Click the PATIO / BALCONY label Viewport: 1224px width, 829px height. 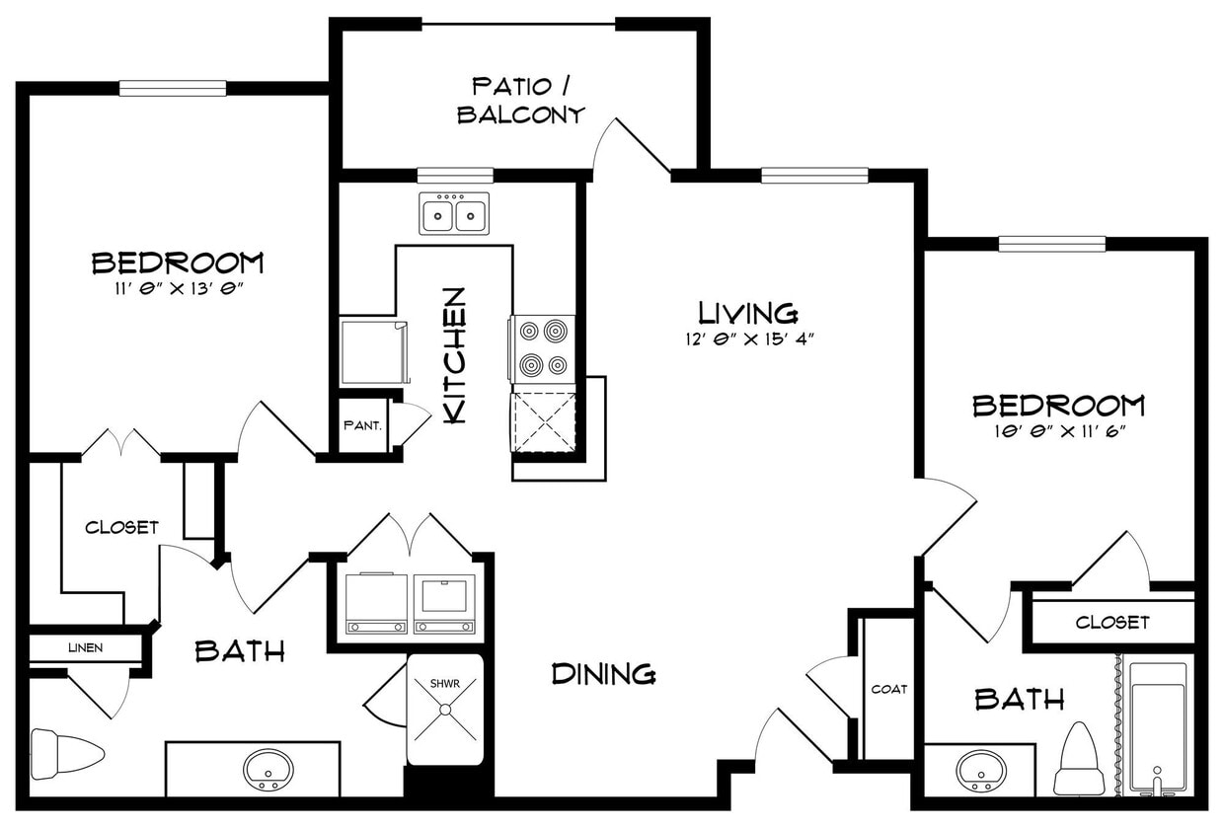tap(521, 101)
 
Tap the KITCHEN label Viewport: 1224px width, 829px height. tap(455, 355)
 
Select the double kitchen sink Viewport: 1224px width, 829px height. tap(454, 214)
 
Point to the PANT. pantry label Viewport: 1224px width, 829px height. tap(362, 425)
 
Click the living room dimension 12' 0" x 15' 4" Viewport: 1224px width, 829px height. tap(750, 339)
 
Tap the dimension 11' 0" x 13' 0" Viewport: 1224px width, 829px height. tap(179, 289)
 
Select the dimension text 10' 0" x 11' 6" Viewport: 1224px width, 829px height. tap(1060, 431)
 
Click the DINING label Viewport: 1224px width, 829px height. tap(603, 674)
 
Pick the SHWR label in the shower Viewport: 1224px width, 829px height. tap(445, 684)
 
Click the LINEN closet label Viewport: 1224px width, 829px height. tap(85, 648)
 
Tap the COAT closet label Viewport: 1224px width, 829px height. tap(889, 690)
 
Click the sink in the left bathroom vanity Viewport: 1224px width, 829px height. tap(268, 769)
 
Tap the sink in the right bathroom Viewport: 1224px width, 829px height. tap(981, 771)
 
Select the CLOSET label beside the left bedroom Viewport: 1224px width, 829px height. tap(121, 527)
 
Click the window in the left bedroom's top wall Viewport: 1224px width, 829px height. tap(173, 89)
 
